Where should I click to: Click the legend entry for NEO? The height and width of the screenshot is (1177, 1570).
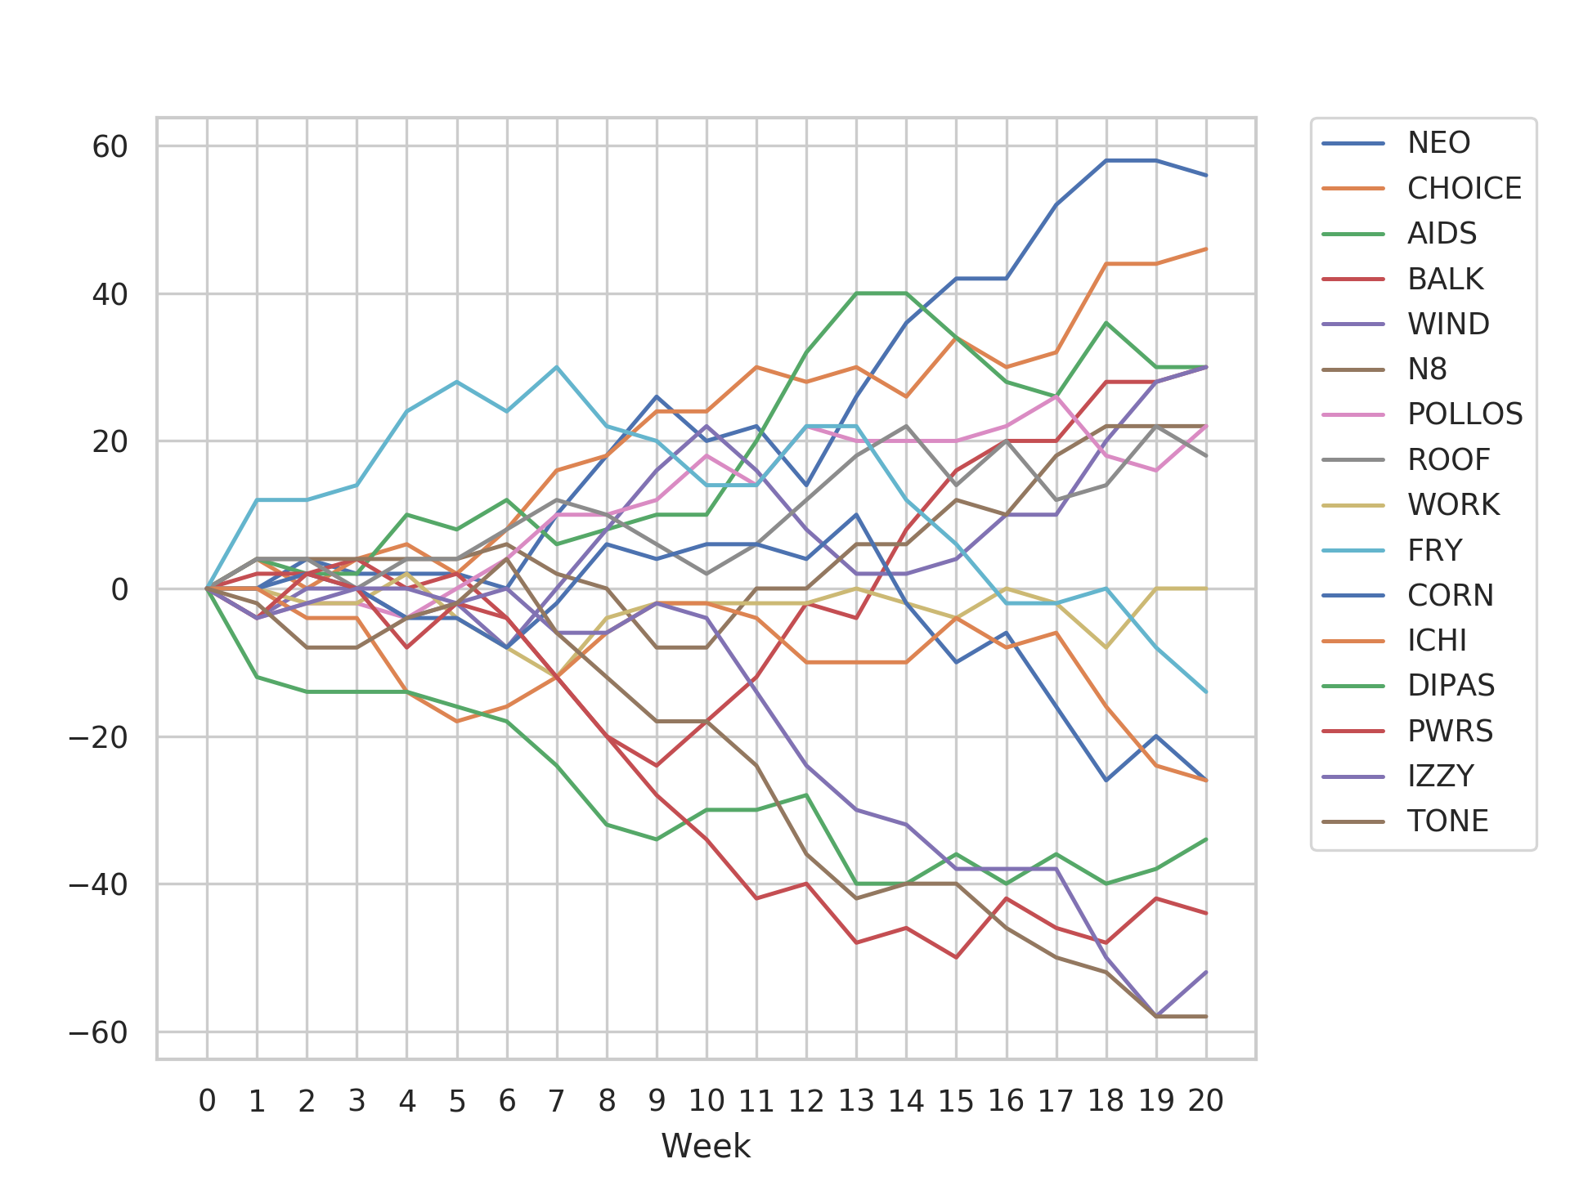pos(1438,143)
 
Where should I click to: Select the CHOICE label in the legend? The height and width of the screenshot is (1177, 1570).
pos(1464,189)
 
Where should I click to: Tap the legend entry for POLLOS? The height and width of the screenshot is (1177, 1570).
pos(1465,414)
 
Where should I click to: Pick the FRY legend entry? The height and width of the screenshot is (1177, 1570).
pos(1434,550)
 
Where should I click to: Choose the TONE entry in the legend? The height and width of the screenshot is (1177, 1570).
pos(1447,821)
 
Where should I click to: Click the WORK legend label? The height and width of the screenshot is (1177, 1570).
pos(1453,505)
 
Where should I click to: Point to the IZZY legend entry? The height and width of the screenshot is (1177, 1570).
pos(1440,776)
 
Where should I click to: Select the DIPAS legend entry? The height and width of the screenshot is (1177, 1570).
pos(1451,686)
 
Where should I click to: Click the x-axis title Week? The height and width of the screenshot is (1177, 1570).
pos(706,1146)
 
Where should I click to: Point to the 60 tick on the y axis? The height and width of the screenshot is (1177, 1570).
pos(110,147)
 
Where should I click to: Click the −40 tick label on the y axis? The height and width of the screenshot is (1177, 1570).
pos(98,885)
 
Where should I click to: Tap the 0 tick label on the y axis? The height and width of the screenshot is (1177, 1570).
pos(119,589)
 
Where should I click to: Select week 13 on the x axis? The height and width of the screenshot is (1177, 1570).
pos(856,1102)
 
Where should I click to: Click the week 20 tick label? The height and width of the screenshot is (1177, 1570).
pos(1206,1102)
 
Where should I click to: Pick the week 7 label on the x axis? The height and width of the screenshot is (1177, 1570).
pos(557,1102)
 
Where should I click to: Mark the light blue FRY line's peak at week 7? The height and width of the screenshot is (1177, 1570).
pos(557,367)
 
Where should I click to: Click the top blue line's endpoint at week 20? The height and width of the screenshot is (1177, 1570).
pos(1206,175)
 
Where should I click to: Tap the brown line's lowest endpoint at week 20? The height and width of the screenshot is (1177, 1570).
pos(1206,1017)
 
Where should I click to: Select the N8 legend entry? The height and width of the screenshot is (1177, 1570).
pos(1427,369)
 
